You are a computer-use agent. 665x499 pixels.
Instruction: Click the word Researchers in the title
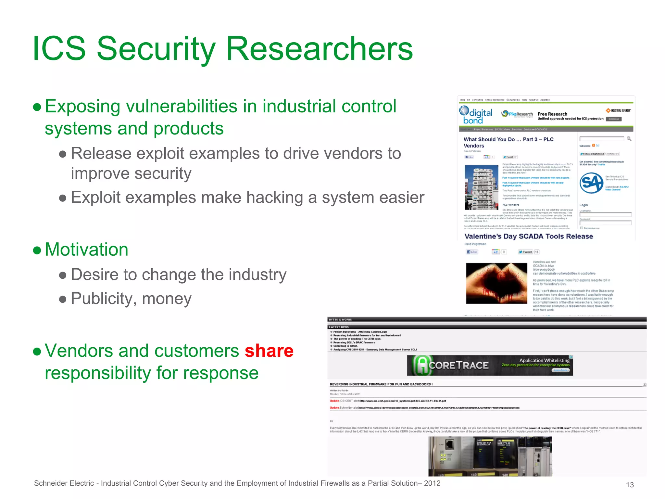(x=319, y=49)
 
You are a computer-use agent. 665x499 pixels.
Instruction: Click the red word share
(x=269, y=351)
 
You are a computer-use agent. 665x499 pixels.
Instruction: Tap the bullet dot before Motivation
(x=37, y=250)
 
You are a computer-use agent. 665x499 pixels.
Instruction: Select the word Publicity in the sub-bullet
(x=104, y=299)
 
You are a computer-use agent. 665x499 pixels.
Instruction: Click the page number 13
(x=630, y=485)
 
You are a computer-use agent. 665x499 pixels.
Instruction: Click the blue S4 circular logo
(x=591, y=183)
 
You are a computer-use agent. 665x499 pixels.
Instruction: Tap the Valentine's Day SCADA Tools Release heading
(x=528, y=237)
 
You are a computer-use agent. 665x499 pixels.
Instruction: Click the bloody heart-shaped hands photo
(x=496, y=283)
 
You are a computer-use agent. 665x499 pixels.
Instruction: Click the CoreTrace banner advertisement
(x=490, y=365)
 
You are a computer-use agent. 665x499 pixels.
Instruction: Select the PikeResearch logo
(x=517, y=114)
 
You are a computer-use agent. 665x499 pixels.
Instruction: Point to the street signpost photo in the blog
(x=481, y=187)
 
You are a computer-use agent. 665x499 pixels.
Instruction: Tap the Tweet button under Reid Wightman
(x=525, y=252)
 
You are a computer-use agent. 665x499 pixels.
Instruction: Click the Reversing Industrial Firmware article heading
(x=381, y=384)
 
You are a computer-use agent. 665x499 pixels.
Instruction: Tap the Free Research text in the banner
(x=552, y=114)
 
